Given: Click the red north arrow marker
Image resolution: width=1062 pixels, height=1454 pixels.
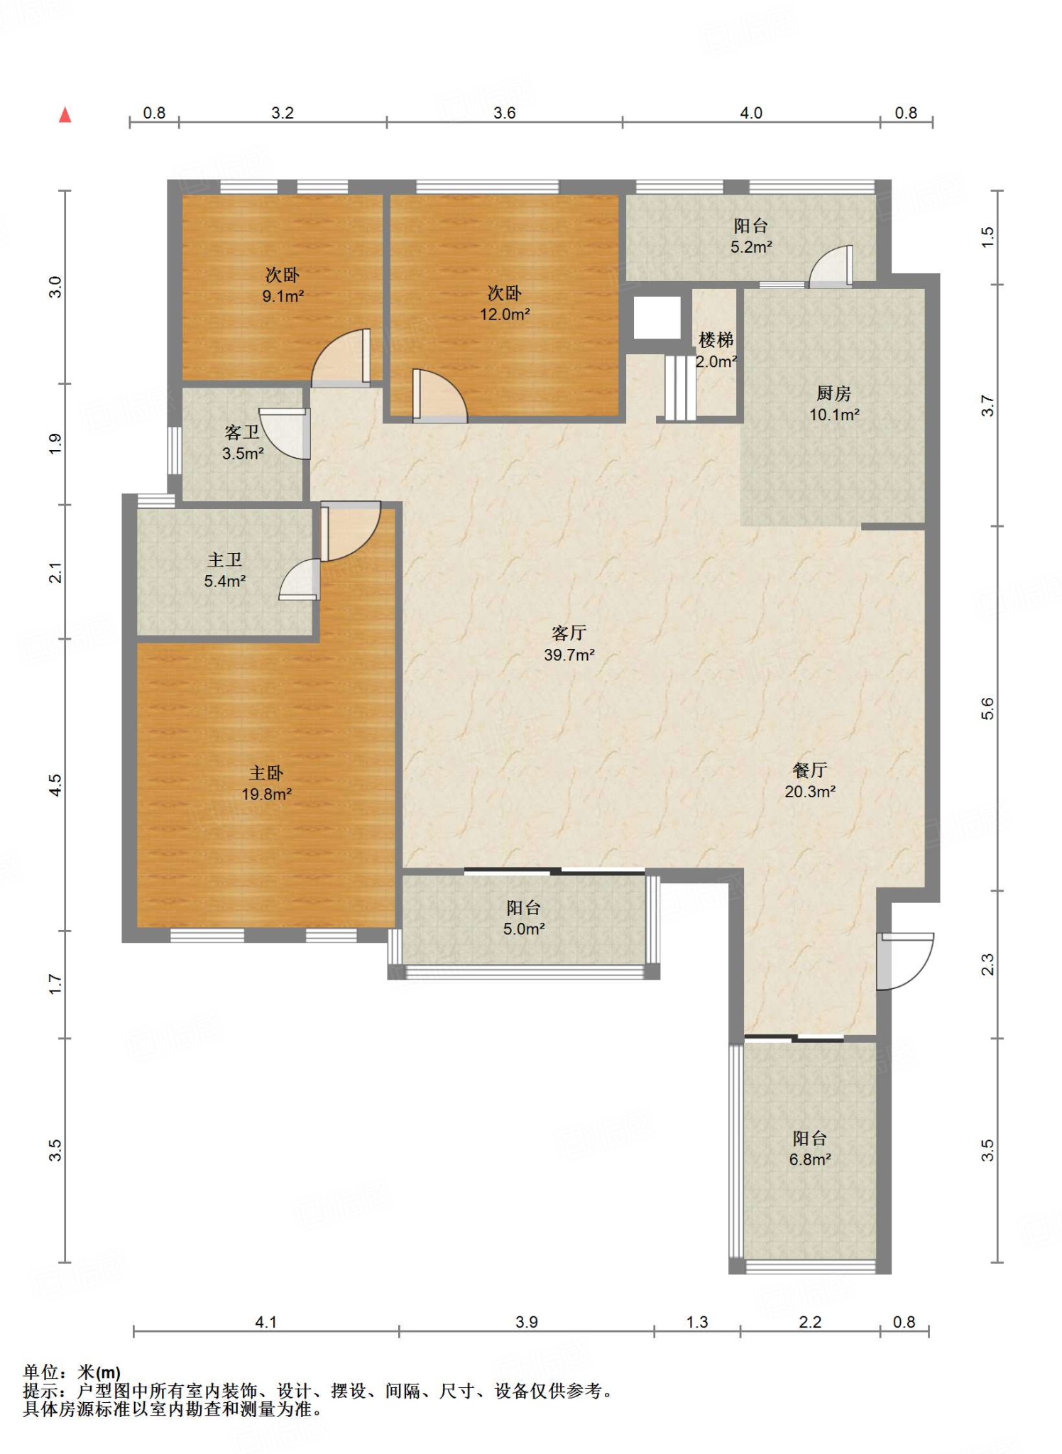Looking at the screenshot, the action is tap(65, 114).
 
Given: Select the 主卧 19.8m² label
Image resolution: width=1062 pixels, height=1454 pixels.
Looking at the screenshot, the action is tap(266, 783).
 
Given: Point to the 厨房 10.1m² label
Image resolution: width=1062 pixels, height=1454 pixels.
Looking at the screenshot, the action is tap(834, 403).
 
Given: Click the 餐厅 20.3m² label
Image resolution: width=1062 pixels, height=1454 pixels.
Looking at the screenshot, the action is tap(810, 780).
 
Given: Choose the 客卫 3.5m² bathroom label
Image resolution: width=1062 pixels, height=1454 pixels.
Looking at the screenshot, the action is tap(243, 442).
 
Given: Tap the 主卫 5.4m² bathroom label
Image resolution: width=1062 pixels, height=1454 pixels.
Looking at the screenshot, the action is tap(225, 570).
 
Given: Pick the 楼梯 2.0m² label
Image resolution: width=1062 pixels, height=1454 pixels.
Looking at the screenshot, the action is tap(716, 350).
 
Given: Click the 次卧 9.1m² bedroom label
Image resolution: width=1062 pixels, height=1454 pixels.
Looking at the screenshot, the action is tap(283, 285).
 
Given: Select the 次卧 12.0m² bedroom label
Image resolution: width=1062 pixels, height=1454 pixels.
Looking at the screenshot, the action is tap(505, 303).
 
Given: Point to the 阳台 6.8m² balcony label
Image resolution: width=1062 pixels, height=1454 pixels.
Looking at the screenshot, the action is tap(810, 1149).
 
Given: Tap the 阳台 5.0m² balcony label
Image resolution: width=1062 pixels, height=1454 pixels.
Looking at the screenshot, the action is tap(524, 917).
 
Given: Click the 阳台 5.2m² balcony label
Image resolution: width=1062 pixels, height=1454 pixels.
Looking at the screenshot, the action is tap(751, 236).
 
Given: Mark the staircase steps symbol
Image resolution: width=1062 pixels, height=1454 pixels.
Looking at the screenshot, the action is tap(680, 388).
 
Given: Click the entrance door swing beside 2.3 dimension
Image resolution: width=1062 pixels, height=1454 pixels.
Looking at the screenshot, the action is tap(906, 961).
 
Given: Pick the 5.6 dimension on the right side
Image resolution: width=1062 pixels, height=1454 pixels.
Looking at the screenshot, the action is tap(987, 709).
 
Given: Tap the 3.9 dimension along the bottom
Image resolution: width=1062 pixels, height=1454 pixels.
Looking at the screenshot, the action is tap(527, 1322).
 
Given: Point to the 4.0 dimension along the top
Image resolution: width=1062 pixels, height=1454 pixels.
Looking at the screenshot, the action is tap(751, 113).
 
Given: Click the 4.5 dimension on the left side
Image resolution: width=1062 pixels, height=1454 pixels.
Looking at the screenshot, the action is tap(55, 785).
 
